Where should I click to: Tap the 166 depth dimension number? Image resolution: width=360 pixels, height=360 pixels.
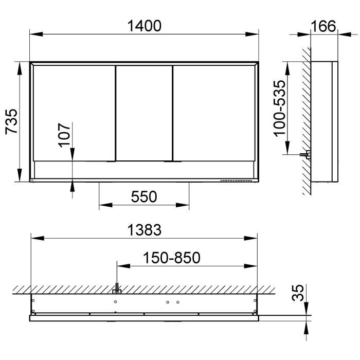323,25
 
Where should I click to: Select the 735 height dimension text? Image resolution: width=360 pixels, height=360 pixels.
12,121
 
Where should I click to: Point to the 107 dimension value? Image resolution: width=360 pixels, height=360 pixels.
63,135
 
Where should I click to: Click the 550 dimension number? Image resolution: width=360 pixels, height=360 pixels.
143,196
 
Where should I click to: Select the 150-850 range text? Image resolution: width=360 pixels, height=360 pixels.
172,257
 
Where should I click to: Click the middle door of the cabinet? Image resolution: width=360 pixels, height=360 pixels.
143,112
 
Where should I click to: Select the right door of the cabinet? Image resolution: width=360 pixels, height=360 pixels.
213,112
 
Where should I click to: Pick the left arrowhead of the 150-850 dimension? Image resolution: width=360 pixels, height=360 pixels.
121,266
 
